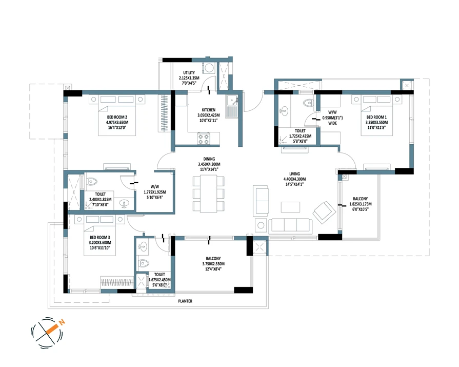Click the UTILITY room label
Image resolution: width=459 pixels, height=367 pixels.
tap(189, 73)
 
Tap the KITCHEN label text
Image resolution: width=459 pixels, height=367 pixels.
tap(208, 110)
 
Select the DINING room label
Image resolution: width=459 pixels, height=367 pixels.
tap(209, 159)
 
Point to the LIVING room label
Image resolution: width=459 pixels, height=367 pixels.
tap(294, 173)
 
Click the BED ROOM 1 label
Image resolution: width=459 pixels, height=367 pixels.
tap(376, 117)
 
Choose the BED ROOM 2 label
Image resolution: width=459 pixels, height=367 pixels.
tap(117, 117)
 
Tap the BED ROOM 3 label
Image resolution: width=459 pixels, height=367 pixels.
tap(100, 237)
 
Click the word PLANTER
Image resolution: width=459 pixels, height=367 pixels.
tap(185, 301)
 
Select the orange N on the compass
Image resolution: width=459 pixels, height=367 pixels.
tap(62, 322)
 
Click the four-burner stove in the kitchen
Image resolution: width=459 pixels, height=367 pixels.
tap(204, 138)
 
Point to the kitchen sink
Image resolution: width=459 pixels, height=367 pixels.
tap(232, 101)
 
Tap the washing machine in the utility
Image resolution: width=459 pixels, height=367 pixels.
tap(209, 68)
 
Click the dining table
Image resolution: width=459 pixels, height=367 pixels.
tap(208, 194)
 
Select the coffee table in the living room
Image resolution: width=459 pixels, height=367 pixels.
tap(290, 207)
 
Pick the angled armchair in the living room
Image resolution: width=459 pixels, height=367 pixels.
tap(324, 213)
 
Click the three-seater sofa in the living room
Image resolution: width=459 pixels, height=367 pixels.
tap(290, 226)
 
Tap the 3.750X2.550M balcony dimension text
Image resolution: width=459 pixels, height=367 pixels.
tap(213, 264)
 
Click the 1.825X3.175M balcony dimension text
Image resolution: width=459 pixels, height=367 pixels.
tap(361, 204)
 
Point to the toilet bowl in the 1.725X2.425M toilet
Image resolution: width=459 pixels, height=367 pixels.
tap(308, 103)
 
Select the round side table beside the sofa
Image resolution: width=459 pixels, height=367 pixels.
tap(261, 225)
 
